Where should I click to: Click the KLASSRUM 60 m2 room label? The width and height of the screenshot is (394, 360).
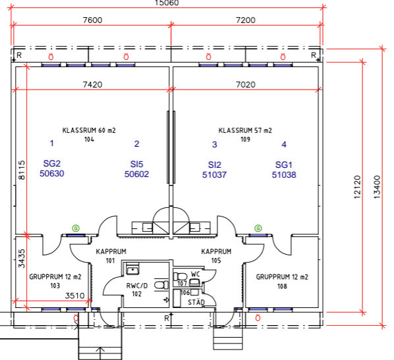[89, 130]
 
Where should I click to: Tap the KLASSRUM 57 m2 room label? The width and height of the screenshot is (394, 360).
[245, 130]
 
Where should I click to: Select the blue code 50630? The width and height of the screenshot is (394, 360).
[52, 174]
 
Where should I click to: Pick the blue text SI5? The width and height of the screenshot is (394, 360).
[136, 164]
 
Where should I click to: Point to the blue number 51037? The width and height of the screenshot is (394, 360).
[214, 174]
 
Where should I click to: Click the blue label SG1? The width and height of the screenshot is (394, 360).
[284, 165]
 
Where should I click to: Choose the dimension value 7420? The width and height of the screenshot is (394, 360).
[92, 85]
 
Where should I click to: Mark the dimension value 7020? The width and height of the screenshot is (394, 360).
[246, 85]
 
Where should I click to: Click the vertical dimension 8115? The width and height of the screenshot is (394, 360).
[22, 170]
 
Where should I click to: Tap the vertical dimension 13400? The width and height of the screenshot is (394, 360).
[377, 188]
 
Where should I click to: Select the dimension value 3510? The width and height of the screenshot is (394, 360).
[74, 296]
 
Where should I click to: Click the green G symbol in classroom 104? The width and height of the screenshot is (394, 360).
[76, 228]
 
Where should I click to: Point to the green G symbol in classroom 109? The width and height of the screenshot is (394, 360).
[258, 228]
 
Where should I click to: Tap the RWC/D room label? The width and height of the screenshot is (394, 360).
[137, 286]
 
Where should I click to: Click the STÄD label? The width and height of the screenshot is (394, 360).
[196, 302]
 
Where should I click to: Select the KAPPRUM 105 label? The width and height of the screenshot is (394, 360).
[216, 256]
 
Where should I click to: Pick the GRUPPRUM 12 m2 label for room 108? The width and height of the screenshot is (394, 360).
[282, 277]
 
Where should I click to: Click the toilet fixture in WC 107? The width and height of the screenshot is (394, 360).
[180, 276]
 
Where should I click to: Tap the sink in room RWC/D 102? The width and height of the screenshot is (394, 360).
[132, 269]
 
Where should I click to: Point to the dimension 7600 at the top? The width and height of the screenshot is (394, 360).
[92, 20]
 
